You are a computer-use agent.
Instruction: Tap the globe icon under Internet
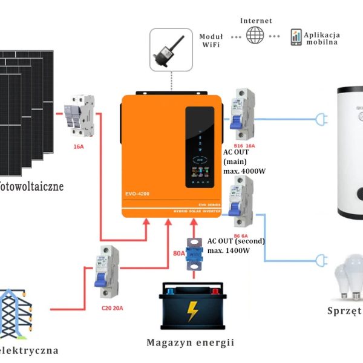pos(255,35)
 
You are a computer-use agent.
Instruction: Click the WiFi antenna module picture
pos(171,50)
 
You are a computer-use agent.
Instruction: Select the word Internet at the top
pos(256,21)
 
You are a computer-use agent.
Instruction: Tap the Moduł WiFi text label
pos(211,41)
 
